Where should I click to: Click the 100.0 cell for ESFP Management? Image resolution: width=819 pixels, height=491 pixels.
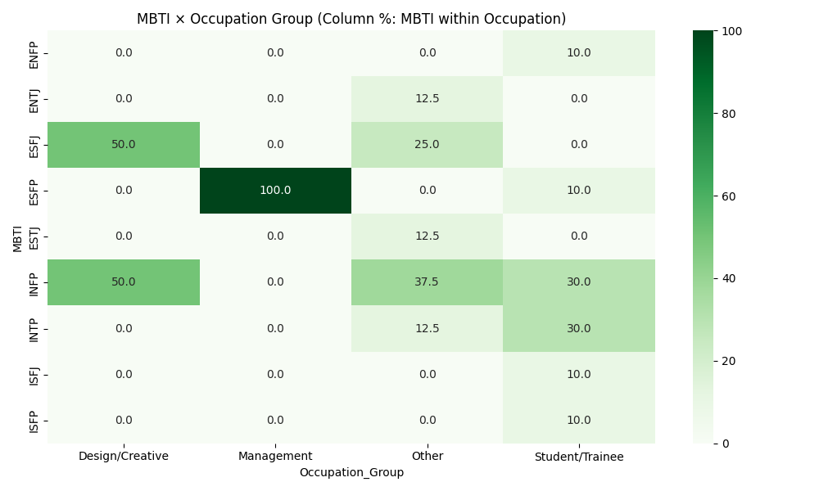[275, 191]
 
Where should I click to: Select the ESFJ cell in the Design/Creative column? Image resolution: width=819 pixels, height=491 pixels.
[124, 145]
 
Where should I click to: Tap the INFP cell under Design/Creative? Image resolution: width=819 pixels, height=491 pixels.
[124, 282]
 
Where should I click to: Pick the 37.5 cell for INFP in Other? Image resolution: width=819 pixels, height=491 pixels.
[428, 282]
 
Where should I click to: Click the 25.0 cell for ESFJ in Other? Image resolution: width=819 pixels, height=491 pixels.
[428, 145]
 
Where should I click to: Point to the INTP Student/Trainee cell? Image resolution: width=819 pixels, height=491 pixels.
[579, 328]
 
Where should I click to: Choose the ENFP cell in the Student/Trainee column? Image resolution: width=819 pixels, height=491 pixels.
[579, 53]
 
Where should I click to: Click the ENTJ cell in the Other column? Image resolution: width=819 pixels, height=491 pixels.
[428, 99]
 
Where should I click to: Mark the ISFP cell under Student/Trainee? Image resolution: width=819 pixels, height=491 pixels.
[579, 420]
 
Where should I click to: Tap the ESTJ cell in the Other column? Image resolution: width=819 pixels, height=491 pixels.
[428, 236]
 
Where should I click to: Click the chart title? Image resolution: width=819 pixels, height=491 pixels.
[351, 19]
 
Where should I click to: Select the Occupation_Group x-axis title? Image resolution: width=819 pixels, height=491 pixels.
[351, 472]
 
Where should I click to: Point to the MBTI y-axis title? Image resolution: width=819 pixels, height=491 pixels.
[17, 236]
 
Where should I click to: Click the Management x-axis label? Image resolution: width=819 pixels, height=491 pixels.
[275, 456]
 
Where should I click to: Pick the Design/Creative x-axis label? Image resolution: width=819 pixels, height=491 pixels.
[124, 456]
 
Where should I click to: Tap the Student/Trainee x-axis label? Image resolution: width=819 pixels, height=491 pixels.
[579, 456]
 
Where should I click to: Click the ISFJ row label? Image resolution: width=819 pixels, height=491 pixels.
[34, 374]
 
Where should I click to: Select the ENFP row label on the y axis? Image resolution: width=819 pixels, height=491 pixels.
[34, 53]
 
